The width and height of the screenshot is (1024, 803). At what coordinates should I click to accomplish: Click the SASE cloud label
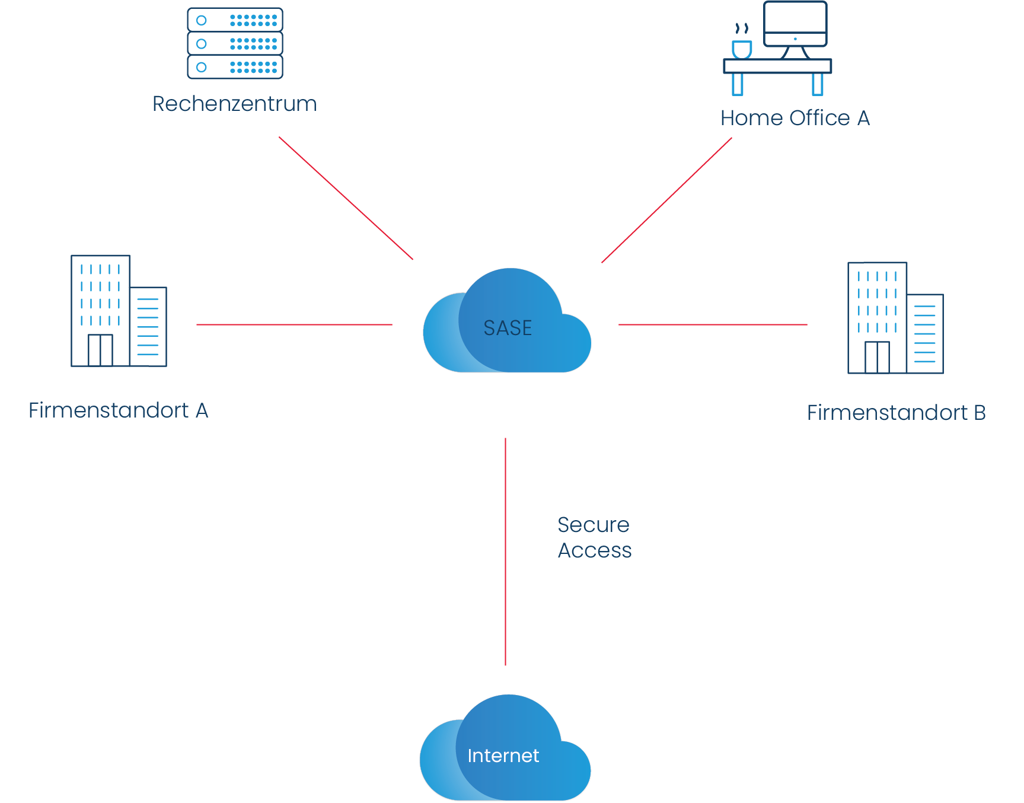click(508, 328)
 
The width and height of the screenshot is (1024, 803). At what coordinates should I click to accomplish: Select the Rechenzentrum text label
click(235, 104)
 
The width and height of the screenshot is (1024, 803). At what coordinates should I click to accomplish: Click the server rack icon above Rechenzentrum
click(235, 43)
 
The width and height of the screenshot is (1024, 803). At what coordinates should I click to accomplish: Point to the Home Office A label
click(795, 118)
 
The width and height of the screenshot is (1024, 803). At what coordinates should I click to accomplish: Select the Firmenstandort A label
click(119, 410)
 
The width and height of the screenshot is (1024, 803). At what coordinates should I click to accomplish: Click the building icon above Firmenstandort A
click(119, 311)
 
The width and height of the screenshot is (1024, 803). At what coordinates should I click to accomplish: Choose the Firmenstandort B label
click(896, 413)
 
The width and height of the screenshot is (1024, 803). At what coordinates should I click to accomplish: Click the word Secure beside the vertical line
click(594, 525)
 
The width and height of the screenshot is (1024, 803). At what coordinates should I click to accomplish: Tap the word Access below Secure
click(595, 551)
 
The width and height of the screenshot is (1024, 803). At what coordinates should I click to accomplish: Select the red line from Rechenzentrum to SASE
click(346, 199)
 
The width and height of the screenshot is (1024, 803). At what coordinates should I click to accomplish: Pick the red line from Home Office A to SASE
click(666, 200)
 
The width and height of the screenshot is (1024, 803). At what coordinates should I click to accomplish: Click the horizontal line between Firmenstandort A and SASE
click(294, 324)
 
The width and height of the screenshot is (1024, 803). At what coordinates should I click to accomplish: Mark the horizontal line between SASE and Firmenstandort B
click(713, 324)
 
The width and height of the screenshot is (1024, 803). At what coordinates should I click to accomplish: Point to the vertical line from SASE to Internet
click(505, 552)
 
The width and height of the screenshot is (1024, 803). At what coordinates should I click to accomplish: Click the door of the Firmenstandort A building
click(100, 350)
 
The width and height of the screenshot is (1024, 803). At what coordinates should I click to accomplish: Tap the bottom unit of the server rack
click(235, 67)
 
